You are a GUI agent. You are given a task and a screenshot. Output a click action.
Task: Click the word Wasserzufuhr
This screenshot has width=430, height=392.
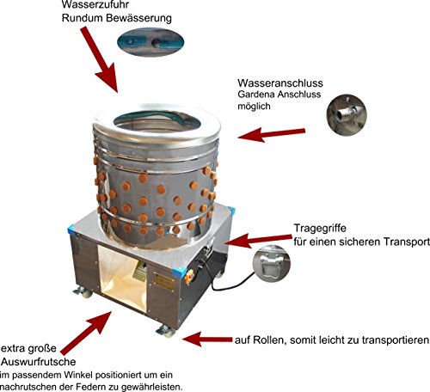(x=95, y=4)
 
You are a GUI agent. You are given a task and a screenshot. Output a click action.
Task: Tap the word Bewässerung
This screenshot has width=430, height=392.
(x=138, y=18)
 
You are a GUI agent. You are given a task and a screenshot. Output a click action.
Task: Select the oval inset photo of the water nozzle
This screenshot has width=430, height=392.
(x=150, y=42)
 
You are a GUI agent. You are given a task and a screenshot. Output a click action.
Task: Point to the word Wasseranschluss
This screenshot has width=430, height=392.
(x=280, y=83)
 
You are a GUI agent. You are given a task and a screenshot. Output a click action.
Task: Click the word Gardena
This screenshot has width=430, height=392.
(x=255, y=95)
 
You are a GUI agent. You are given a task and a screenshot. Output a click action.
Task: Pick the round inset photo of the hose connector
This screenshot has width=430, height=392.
(x=347, y=115)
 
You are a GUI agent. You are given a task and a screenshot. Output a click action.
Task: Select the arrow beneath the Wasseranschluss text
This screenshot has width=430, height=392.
(x=272, y=134)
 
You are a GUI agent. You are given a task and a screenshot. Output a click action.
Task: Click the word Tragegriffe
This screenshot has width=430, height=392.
(x=320, y=229)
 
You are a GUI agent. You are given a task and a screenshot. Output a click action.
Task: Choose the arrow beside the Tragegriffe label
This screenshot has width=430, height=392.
(x=259, y=240)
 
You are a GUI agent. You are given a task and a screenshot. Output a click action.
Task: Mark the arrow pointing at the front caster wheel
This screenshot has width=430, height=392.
(x=207, y=340)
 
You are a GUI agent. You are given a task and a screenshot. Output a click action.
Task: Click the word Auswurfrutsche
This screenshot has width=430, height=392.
(x=39, y=362)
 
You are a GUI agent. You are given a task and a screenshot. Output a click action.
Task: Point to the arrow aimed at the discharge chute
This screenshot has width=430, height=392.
(x=86, y=333)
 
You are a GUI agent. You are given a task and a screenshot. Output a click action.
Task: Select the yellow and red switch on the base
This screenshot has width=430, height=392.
(x=189, y=277)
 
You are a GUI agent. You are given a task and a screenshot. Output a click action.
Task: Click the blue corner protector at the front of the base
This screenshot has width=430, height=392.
(x=176, y=272)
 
